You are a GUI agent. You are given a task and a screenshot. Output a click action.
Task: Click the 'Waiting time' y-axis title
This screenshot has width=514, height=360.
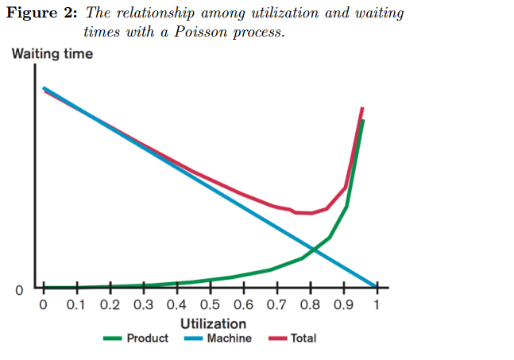(52, 54)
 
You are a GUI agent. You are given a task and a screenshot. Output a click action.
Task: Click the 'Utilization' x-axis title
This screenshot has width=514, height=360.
(213, 323)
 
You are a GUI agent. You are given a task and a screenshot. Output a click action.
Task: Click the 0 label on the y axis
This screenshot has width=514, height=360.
(19, 290)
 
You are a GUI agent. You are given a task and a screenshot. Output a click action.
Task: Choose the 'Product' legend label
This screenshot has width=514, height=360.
(147, 339)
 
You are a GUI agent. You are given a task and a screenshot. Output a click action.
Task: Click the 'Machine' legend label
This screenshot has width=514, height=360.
(229, 339)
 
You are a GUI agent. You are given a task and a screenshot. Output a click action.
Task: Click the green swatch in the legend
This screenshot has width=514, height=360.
(114, 339)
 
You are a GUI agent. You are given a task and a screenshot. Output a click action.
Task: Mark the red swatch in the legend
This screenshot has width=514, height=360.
(277, 339)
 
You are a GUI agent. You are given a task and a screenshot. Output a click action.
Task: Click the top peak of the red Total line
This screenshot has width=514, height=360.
(362, 107)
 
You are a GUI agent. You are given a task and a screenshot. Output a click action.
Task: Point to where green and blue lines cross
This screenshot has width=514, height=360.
(313, 250)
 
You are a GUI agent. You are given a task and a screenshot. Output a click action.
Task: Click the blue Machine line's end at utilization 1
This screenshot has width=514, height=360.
(376, 287)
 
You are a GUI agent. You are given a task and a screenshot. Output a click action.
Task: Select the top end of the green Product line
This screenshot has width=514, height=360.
(363, 121)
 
